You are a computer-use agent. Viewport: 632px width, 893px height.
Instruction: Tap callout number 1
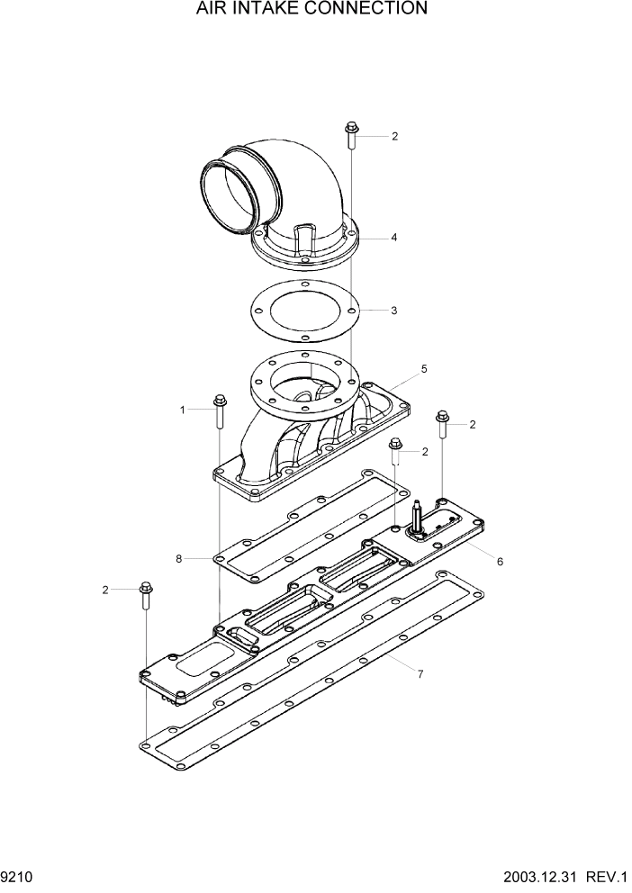(183, 410)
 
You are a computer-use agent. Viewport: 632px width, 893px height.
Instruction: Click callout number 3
(393, 311)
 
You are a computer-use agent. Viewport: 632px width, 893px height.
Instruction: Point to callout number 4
(393, 238)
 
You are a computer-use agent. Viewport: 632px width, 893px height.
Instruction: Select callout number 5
(424, 369)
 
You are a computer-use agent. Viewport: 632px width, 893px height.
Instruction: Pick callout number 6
(500, 561)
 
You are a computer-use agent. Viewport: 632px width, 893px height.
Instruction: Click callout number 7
(419, 672)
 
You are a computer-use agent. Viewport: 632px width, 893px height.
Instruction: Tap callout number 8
(179, 559)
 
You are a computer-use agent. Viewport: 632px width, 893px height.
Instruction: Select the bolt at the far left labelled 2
(145, 593)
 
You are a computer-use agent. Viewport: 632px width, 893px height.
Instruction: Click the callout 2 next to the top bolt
(394, 137)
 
